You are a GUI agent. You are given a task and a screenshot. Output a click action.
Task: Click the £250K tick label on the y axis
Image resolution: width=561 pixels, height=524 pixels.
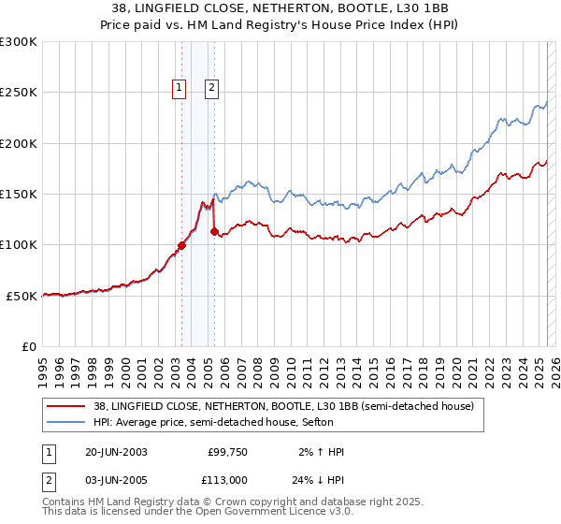click(19, 93)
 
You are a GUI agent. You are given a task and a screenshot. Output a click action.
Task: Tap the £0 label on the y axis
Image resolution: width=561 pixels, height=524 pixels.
click(30, 346)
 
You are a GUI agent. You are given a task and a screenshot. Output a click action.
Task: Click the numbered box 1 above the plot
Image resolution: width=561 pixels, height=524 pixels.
click(179, 89)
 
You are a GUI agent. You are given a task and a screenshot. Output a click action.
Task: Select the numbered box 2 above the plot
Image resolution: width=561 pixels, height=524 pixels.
click(212, 89)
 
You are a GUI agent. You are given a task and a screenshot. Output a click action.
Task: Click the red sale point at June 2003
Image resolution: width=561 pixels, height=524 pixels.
click(181, 245)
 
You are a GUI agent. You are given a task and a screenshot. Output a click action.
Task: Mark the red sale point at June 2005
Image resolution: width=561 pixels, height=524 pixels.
click(214, 231)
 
